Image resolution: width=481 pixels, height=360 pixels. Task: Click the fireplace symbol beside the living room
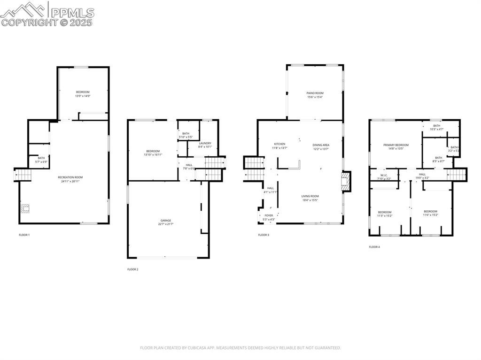346,182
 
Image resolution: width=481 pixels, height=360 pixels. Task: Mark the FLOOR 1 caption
24,235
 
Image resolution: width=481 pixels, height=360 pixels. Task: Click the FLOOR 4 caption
374,247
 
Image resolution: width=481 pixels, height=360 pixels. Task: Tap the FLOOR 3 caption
264,235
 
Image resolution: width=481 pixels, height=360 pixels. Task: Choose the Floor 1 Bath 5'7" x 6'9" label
41,160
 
